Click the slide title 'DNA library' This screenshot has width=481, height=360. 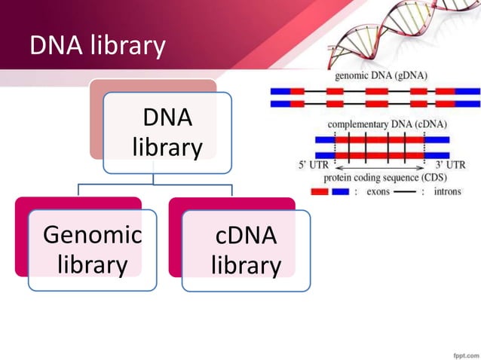[x=97, y=47]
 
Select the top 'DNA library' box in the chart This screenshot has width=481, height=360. [x=167, y=132]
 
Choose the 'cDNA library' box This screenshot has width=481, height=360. [x=246, y=251]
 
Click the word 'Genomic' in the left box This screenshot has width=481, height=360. [x=92, y=236]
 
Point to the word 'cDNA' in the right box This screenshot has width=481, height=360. [x=246, y=236]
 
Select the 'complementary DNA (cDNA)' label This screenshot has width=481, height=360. [x=386, y=123]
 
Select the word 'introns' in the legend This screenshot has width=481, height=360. [x=448, y=192]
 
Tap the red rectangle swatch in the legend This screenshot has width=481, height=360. [x=320, y=192]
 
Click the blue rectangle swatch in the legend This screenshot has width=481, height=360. [x=340, y=192]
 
